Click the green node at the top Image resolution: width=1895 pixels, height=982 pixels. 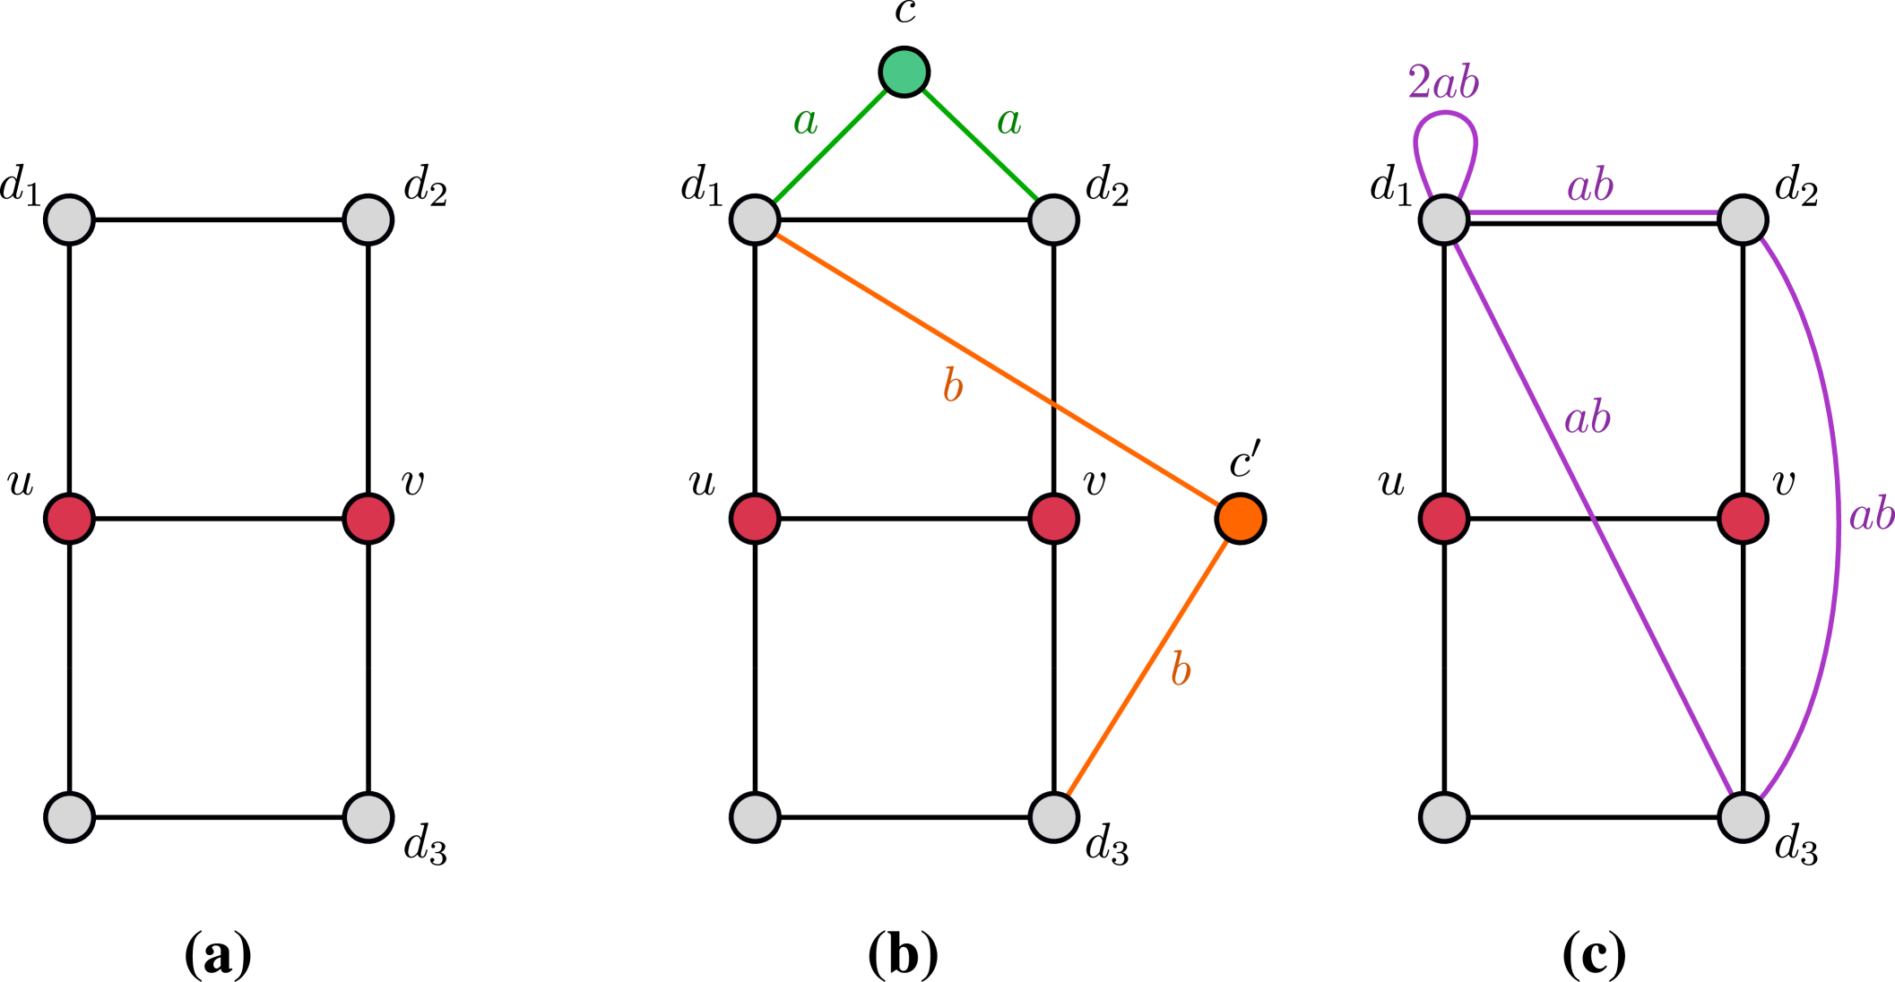904,72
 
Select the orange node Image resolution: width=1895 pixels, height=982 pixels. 1240,519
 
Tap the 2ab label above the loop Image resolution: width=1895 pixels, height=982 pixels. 1442,84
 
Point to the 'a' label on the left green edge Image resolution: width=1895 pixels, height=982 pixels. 805,122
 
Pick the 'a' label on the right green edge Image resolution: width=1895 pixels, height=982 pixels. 1008,122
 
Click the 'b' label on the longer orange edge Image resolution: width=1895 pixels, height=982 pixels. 952,387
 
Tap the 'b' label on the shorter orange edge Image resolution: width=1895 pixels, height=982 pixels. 1181,670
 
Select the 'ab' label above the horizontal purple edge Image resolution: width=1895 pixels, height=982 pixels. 1589,186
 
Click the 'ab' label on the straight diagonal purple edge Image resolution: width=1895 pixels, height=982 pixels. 1587,418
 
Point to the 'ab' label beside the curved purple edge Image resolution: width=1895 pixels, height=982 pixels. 1871,515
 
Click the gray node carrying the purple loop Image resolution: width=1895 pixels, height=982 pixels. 1443,220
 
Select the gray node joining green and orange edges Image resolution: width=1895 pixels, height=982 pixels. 755,220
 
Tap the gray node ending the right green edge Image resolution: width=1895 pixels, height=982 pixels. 1053,220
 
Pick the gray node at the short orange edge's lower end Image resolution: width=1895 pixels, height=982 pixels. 1053,817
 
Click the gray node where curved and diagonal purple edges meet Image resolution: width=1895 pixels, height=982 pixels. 1743,817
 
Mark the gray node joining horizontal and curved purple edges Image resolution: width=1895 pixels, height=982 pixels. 1743,220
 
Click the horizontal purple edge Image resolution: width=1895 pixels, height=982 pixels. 1593,213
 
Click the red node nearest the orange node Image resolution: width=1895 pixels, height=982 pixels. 1053,519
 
